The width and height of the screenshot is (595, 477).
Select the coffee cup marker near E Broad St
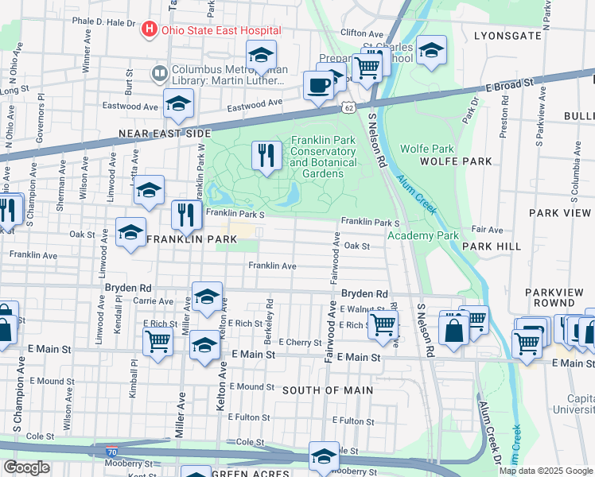317,85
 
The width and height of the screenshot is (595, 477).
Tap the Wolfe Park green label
426,149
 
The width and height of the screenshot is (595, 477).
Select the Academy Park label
423,235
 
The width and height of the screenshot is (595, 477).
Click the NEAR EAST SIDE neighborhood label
164,134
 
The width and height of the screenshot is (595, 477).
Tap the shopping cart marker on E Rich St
383,324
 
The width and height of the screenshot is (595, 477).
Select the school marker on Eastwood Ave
178,103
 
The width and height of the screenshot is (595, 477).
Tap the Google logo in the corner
26,467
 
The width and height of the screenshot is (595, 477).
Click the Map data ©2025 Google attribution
545,471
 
